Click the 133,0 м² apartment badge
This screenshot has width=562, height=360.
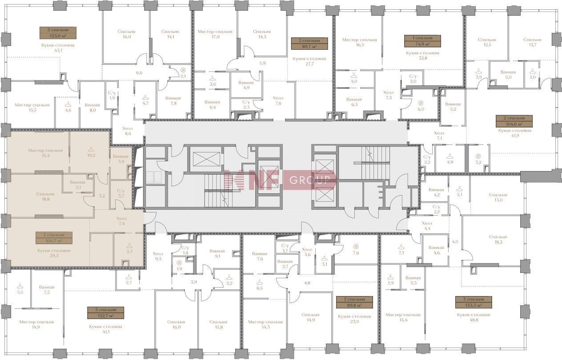[58, 33]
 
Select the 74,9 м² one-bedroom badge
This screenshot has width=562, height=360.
[422, 41]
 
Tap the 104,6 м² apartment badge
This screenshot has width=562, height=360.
[514, 121]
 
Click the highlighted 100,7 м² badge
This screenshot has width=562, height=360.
[54, 238]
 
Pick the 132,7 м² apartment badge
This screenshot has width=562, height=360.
[106, 312]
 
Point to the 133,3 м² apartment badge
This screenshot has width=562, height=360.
[474, 302]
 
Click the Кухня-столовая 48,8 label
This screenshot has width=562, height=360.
[474, 317]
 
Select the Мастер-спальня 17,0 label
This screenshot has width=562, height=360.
[215, 34]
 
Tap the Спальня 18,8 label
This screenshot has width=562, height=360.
[45, 196]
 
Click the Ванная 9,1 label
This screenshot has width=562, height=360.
[217, 253]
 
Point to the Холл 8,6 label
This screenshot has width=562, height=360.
[128, 131]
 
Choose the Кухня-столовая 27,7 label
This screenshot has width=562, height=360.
[309, 61]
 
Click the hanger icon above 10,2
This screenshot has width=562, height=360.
[91, 148]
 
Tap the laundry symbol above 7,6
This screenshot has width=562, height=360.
[356, 246]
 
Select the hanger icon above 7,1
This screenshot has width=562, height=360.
[401, 247]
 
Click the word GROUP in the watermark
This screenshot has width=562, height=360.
[310, 180]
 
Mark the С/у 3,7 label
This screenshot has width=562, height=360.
[120, 193]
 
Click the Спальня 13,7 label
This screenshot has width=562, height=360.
[532, 42]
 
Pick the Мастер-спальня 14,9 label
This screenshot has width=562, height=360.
[36, 324]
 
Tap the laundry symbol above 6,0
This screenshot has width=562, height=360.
[421, 103]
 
